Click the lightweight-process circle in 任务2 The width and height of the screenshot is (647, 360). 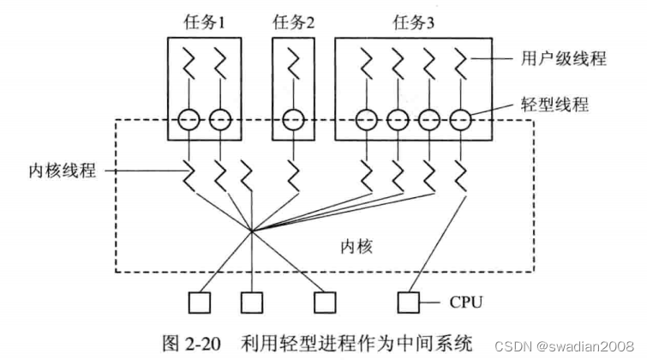294,121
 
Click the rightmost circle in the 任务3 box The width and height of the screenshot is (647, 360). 462,121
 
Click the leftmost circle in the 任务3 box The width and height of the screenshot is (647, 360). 367,121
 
